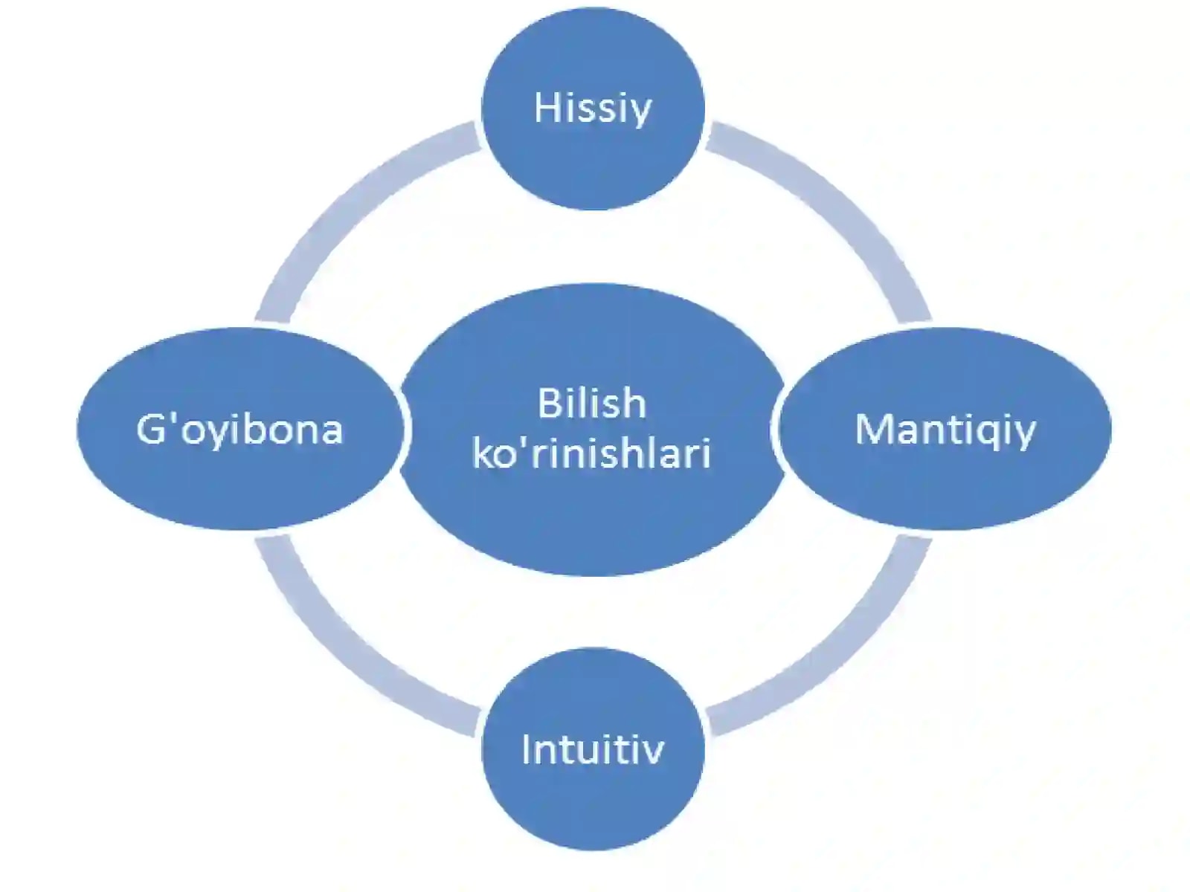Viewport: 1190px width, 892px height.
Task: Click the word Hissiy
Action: tap(592, 109)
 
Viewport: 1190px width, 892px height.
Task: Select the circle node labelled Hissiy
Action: tap(593, 109)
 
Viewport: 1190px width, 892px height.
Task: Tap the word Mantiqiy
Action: tap(945, 430)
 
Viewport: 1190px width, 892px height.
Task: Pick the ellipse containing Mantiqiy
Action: tap(945, 428)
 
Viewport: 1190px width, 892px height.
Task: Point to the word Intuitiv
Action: tap(593, 749)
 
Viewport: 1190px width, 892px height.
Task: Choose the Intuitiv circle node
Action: tap(593, 749)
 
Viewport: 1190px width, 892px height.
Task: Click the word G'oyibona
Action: tap(239, 430)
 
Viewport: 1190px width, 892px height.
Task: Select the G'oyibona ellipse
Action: tap(240, 428)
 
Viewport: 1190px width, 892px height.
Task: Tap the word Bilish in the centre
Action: tap(592, 403)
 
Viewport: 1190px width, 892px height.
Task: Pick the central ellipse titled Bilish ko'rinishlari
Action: tap(593, 429)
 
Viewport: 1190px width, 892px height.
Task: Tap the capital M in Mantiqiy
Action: tap(873, 430)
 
